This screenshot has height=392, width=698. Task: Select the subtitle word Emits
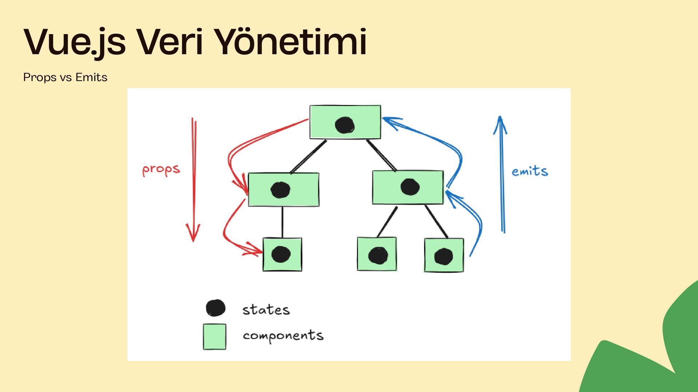pyautogui.click(x=91, y=77)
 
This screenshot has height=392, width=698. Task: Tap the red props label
pyautogui.click(x=161, y=170)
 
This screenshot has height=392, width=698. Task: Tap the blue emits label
pyautogui.click(x=530, y=171)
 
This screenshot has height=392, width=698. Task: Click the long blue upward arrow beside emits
pyautogui.click(x=502, y=174)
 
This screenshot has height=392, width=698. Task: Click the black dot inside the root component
pyautogui.click(x=345, y=125)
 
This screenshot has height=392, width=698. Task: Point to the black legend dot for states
pyautogui.click(x=216, y=308)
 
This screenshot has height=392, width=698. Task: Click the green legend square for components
pyautogui.click(x=214, y=336)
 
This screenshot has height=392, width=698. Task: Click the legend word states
pyautogui.click(x=266, y=310)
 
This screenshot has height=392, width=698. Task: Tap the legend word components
pyautogui.click(x=283, y=336)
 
